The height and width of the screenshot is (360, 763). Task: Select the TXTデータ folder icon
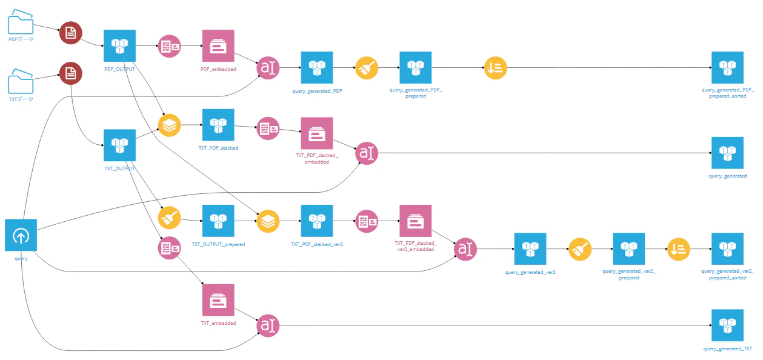(x=21, y=81)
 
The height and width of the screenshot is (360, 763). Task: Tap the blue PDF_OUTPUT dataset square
(x=119, y=46)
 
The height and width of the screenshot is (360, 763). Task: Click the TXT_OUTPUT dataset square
(x=119, y=145)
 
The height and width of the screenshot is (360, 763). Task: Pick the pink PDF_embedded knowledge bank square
(x=218, y=46)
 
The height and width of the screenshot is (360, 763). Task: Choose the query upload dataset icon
(x=21, y=235)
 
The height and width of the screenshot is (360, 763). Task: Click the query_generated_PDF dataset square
(x=317, y=67)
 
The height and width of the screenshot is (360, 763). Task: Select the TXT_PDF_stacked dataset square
(x=218, y=125)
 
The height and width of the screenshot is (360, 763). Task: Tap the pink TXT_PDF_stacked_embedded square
(x=317, y=133)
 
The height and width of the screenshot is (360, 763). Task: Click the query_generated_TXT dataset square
(x=728, y=325)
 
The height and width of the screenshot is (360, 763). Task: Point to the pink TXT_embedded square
(x=218, y=300)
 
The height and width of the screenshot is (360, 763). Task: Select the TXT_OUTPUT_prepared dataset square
(x=218, y=221)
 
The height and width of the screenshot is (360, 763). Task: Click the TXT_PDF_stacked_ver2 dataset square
(x=317, y=221)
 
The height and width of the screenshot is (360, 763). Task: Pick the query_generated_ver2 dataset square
(x=530, y=249)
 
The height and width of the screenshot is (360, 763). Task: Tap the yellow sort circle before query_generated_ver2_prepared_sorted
(x=679, y=249)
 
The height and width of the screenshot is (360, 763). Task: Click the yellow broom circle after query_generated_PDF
(x=367, y=68)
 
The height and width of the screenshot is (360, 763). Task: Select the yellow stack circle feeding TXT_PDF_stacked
(x=169, y=125)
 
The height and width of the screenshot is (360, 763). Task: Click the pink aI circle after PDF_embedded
(x=268, y=68)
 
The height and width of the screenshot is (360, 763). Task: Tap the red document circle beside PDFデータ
(x=70, y=33)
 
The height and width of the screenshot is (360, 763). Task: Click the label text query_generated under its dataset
(x=728, y=176)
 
